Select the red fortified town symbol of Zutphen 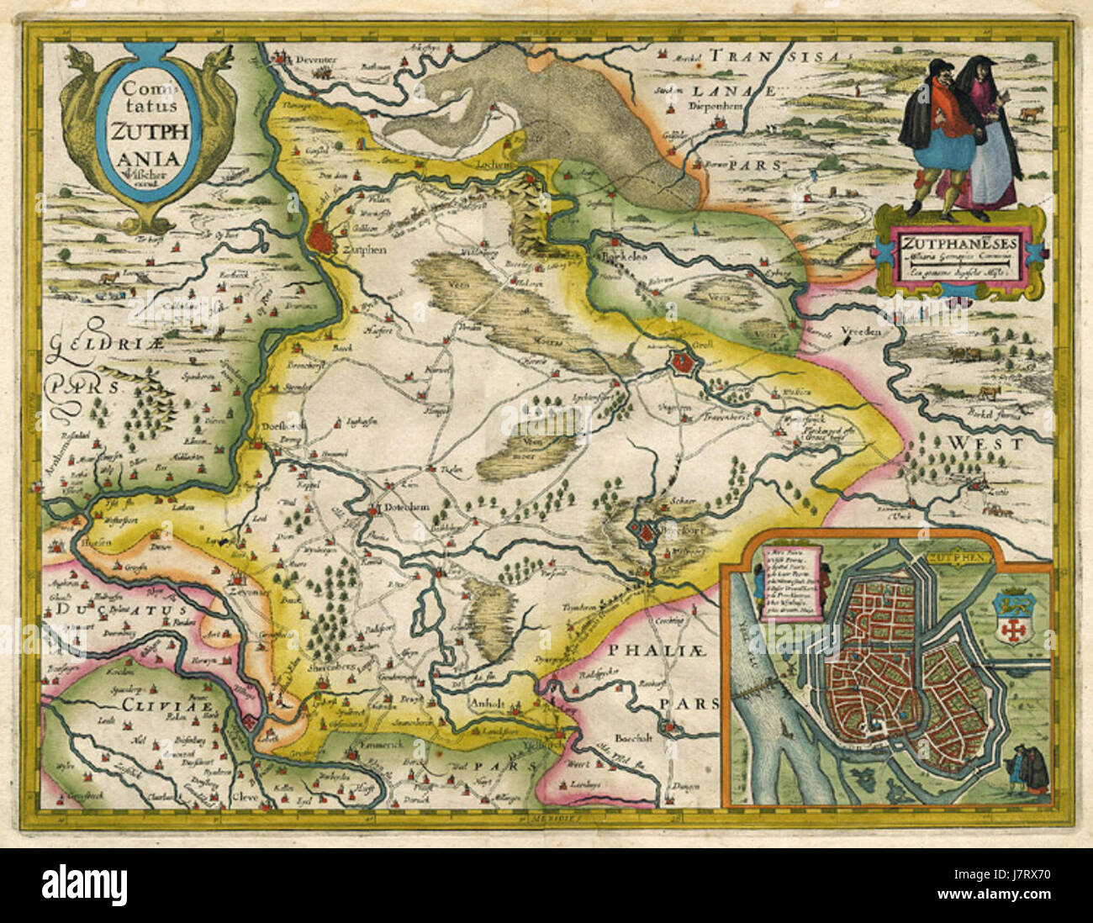tap(321, 239)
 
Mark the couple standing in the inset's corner tap(1028, 767)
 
